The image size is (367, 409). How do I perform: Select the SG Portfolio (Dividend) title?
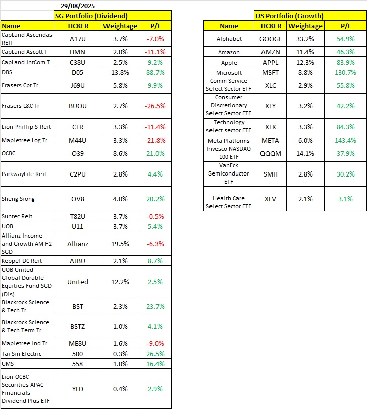tap(91, 16)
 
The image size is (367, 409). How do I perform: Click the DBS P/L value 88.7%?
tap(154, 72)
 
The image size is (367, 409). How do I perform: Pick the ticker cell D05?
tap(78, 72)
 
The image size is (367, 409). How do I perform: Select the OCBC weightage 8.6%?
tap(120, 153)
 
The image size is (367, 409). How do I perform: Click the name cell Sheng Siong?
tap(18, 198)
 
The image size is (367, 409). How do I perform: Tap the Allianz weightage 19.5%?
tap(120, 244)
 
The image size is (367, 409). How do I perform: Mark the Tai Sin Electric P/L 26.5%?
tap(154, 354)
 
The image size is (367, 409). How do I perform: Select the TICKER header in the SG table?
tap(78, 26)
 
